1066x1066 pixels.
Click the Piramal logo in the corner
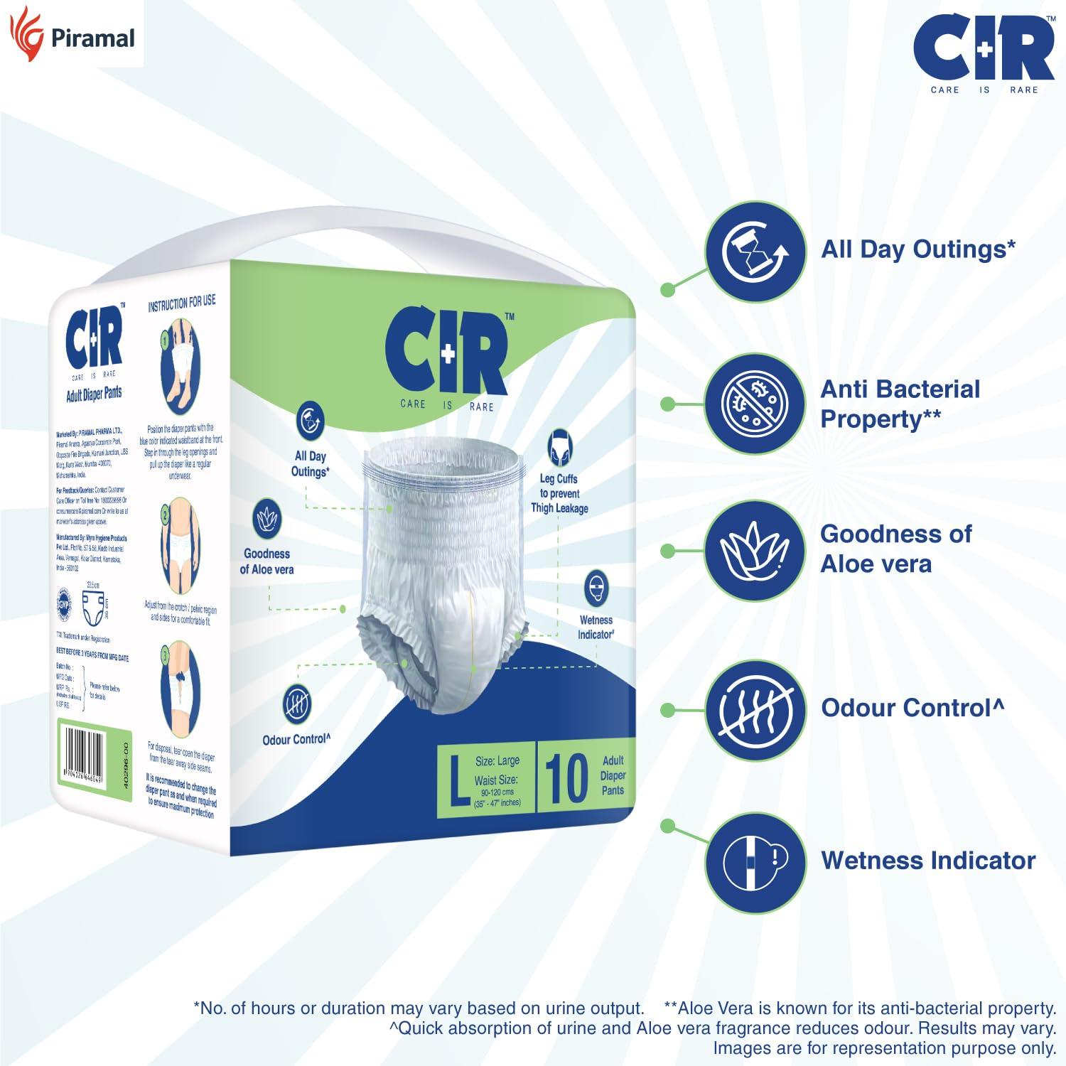click(71, 35)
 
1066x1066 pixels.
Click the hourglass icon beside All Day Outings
click(755, 251)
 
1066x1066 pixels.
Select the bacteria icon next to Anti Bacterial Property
click(755, 404)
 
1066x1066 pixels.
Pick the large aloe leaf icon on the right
click(755, 551)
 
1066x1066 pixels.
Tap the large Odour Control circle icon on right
click(755, 709)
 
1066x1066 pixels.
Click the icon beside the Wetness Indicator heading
click(755, 862)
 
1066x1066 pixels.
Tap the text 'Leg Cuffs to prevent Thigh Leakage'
click(559, 493)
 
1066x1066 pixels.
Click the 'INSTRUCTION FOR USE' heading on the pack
click(181, 303)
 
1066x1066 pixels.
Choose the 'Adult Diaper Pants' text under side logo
click(94, 394)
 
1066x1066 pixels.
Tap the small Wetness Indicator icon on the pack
click(596, 588)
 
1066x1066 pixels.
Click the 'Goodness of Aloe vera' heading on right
click(895, 549)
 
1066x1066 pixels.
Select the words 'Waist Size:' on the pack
click(495, 780)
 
